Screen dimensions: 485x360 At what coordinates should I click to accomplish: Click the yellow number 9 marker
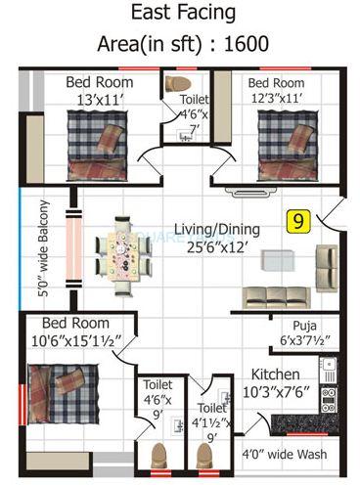[294, 222]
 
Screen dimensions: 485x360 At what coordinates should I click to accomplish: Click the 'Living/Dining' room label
[217, 230]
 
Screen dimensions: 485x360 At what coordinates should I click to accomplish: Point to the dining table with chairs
[124, 254]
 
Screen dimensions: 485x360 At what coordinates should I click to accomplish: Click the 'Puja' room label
[303, 327]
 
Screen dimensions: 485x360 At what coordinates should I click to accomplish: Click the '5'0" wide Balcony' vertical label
[44, 248]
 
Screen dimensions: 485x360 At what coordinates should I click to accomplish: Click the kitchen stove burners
[329, 397]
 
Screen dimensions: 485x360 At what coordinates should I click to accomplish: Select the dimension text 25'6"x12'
[217, 248]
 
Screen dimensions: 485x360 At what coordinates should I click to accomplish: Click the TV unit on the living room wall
[240, 192]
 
